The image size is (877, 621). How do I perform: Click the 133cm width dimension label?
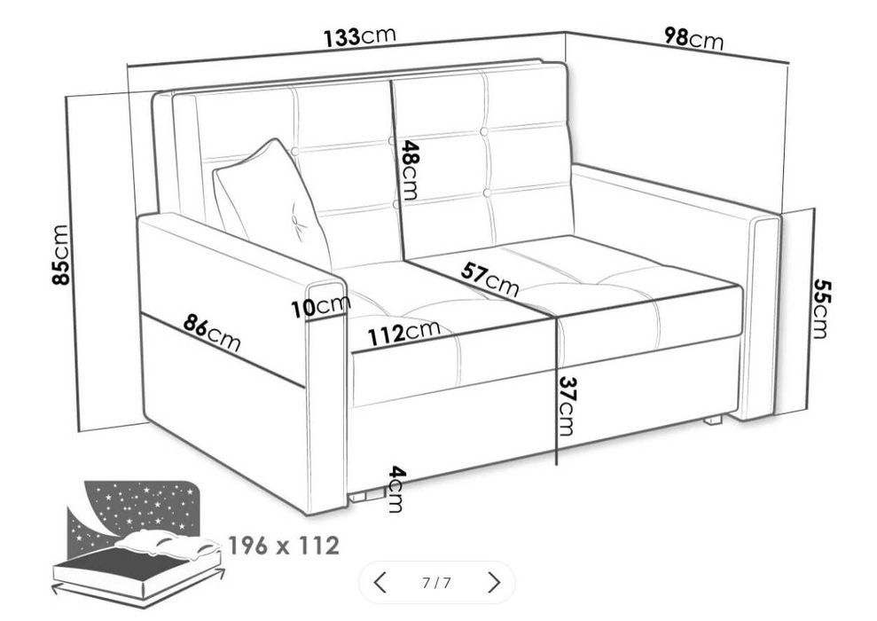tap(359, 37)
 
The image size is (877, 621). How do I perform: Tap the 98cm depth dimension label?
tap(693, 37)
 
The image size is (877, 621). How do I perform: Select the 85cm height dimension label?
tap(60, 255)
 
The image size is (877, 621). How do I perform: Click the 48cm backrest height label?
tap(409, 170)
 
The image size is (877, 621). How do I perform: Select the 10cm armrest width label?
tap(320, 307)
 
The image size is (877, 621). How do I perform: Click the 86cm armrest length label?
tap(212, 334)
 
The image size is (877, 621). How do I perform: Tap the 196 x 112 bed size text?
tap(283, 545)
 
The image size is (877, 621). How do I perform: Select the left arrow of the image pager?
tap(380, 583)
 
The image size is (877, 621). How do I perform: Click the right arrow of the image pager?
tap(495, 583)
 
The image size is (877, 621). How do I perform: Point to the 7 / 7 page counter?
tap(436, 583)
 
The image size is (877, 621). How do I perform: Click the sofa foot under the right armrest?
tap(711, 421)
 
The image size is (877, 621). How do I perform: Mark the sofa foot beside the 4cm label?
tap(361, 497)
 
